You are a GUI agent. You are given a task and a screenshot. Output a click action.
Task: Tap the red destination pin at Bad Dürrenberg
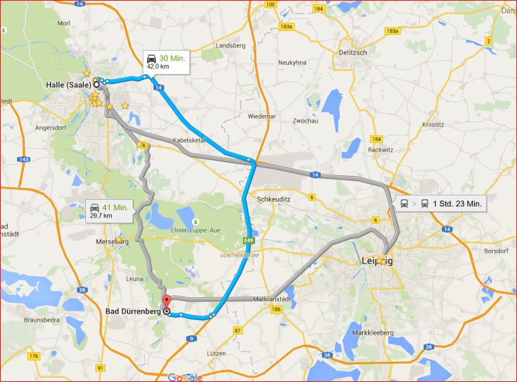coord(167,302)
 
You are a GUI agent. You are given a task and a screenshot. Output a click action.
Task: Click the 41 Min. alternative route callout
coord(110,211)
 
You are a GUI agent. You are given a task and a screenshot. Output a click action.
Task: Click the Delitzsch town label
coord(353,52)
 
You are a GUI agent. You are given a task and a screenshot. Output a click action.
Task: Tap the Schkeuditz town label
coord(273,199)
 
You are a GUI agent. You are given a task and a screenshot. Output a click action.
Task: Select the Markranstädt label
coord(270,299)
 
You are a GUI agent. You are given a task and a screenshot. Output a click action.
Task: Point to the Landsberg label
coord(230,46)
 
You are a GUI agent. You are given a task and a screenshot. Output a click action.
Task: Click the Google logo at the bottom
coord(185,377)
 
